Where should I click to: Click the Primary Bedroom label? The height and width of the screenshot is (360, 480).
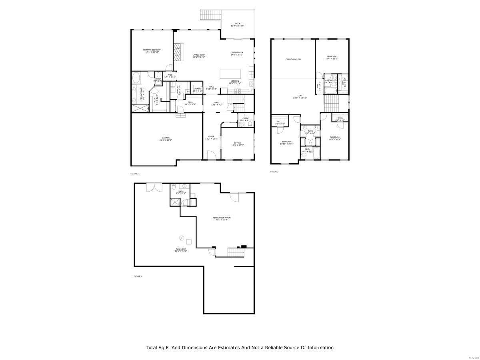point(152,51)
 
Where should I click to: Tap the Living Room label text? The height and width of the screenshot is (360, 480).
point(199,56)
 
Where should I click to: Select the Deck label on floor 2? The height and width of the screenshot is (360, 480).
point(238,25)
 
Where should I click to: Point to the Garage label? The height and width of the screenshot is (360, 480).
point(166,139)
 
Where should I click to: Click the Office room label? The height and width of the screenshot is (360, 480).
point(237,144)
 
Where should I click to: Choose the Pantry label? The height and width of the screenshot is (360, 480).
point(198,90)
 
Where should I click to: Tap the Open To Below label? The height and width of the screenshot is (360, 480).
point(293,59)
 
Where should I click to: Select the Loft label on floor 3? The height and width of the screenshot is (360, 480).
point(300,96)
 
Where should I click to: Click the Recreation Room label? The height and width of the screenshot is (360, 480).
point(221,218)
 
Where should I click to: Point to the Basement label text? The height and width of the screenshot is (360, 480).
point(180,250)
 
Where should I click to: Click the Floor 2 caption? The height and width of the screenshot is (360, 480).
point(134,174)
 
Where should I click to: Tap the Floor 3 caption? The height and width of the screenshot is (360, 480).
point(274,172)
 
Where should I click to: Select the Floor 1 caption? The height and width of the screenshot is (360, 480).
point(138,276)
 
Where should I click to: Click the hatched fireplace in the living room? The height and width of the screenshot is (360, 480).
point(177,51)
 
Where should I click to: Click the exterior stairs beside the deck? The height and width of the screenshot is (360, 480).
point(210,15)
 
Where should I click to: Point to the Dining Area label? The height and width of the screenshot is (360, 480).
point(237,54)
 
